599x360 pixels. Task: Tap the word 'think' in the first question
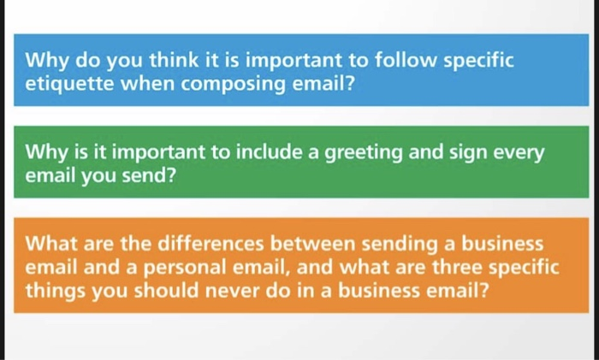(137, 62)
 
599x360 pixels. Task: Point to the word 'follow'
(400, 62)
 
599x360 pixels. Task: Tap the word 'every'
(516, 153)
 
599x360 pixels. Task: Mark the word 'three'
(435, 268)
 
